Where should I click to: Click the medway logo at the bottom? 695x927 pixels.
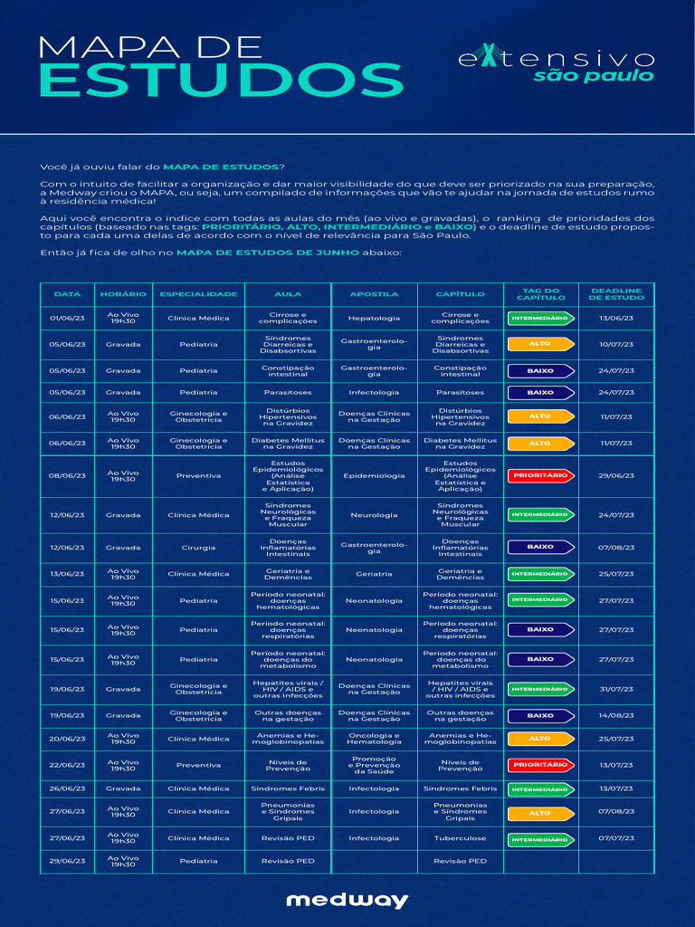[347, 900]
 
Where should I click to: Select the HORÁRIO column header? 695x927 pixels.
[123, 294]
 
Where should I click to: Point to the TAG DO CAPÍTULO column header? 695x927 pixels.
[541, 294]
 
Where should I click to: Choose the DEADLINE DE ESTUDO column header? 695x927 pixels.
[616, 294]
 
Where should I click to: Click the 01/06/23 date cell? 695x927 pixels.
[67, 319]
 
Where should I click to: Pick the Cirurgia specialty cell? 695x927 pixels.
[198, 547]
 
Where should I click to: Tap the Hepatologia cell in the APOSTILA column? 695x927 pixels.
[374, 319]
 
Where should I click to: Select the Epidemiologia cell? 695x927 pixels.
[374, 475]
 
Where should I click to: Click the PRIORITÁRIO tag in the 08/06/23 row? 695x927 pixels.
[540, 475]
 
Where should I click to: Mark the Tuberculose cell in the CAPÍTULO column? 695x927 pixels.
[460, 838]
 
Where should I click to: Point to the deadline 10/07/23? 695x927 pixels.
[616, 344]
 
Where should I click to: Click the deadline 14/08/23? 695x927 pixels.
[616, 715]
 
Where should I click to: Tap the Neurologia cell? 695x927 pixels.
[374, 515]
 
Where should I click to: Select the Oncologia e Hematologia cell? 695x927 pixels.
[374, 739]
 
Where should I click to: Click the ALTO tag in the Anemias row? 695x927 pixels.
[540, 739]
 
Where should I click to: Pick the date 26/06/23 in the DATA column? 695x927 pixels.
[67, 788]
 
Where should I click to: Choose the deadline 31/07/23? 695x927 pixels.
[616, 689]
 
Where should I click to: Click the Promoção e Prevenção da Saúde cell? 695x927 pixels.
[374, 764]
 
